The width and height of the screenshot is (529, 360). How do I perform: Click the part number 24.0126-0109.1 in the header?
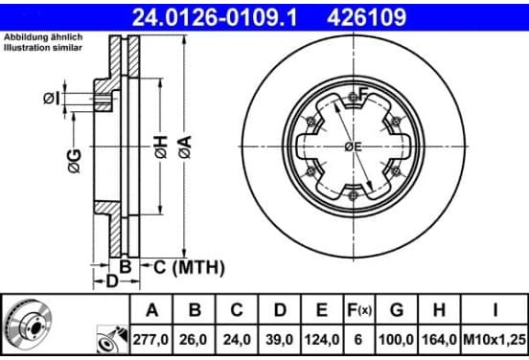(215, 17)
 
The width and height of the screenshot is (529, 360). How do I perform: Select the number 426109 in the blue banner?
(366, 17)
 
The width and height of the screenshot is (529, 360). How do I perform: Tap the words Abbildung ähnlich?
(43, 37)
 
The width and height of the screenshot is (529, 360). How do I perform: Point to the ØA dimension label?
(185, 146)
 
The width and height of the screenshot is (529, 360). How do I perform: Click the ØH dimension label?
(161, 146)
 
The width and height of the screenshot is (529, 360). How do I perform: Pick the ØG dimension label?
(75, 161)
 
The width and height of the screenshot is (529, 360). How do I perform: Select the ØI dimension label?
(52, 99)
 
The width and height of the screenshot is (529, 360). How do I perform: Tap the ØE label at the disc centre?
(353, 146)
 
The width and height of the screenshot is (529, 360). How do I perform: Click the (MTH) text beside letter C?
(198, 268)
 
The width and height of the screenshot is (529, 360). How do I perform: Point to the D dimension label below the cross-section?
(112, 281)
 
